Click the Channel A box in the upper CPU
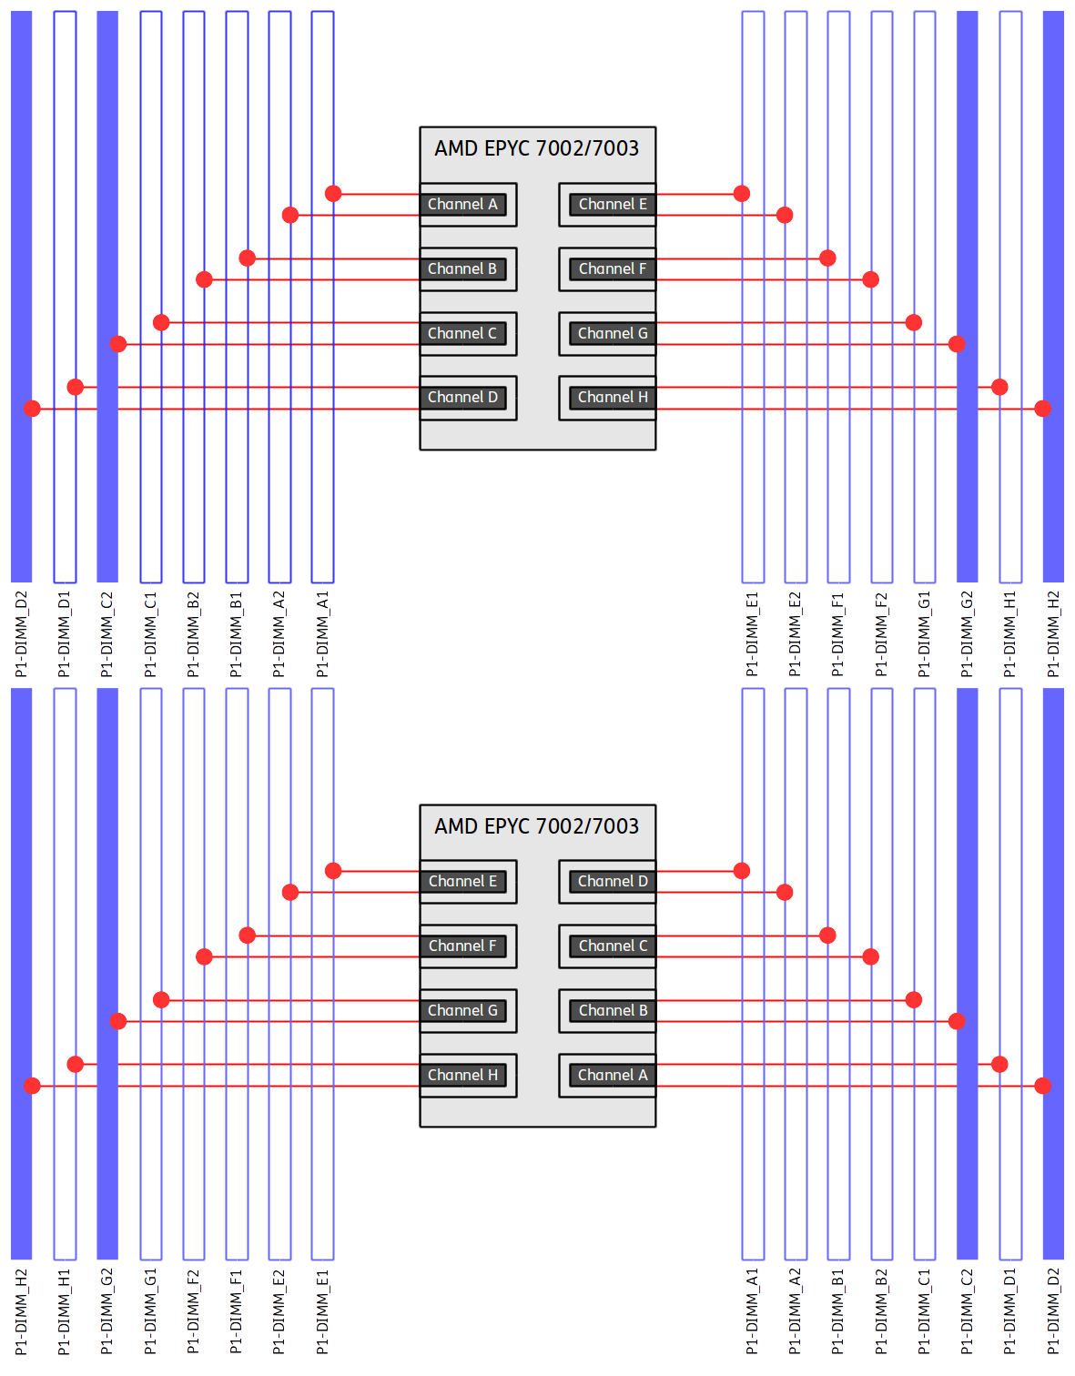[462, 205]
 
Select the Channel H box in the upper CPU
[613, 398]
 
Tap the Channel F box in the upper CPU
[613, 269]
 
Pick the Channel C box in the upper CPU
[462, 334]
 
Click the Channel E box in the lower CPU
[462, 882]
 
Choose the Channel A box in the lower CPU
[613, 1076]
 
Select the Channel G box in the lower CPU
[462, 1011]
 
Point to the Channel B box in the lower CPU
[613, 1011]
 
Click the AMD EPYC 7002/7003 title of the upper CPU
[537, 148]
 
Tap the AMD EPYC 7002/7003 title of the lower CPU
[537, 826]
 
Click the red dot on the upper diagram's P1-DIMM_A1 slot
[333, 193]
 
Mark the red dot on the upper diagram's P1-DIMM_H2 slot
[1043, 409]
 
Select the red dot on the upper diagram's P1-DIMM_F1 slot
[827, 258]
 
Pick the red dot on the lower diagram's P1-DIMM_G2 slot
[118, 1021]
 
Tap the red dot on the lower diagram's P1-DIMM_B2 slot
[871, 956]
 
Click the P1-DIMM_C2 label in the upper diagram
[107, 634]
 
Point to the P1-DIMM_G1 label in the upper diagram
[925, 634]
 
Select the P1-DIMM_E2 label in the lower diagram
[279, 1311]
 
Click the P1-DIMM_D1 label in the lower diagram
[1010, 1311]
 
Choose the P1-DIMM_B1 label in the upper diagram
[237, 634]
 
